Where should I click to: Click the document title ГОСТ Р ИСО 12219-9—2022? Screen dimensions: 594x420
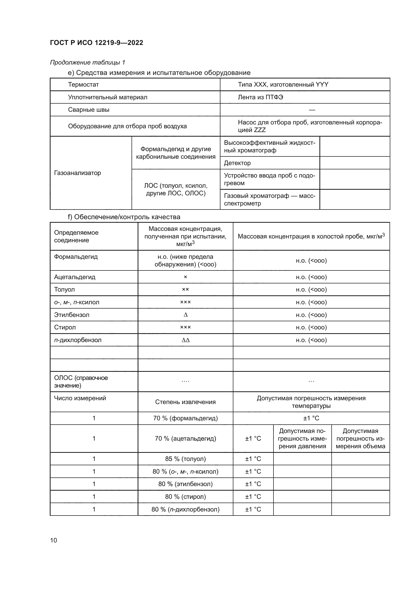pyautogui.click(x=96, y=43)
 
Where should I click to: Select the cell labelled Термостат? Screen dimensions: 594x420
pyautogui.click(x=83, y=85)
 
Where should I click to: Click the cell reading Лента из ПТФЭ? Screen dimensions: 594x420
pyautogui.click(x=261, y=97)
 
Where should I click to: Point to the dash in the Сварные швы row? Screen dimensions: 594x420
pyautogui.click(x=312, y=110)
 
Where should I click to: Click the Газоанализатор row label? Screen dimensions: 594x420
pyautogui.click(x=77, y=173)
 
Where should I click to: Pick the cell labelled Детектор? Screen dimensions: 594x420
pyautogui.click(x=237, y=163)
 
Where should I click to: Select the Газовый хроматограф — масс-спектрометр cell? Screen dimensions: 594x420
pyautogui.click(x=269, y=199)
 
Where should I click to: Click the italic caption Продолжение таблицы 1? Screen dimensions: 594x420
pyautogui.click(x=87, y=62)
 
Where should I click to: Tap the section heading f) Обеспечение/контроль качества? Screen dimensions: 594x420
pyautogui.click(x=124, y=217)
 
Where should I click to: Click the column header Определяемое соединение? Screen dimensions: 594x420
pyautogui.click(x=76, y=236)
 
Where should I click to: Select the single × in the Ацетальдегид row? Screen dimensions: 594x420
pyautogui.click(x=185, y=277)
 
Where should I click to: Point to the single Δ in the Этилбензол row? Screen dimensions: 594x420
pyautogui.click(x=185, y=315)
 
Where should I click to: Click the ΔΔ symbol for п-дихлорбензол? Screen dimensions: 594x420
pyautogui.click(x=185, y=340)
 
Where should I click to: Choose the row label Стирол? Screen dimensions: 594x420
pyautogui.click(x=65, y=327)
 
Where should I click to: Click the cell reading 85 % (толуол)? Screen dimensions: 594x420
pyautogui.click(x=185, y=459)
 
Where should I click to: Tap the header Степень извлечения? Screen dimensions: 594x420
pyautogui.click(x=185, y=402)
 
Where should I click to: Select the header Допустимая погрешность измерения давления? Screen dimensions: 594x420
pyautogui.click(x=302, y=438)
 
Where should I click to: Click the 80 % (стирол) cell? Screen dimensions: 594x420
pyautogui.click(x=185, y=496)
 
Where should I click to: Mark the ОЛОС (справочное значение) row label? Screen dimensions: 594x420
pyautogui.click(x=81, y=382)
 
